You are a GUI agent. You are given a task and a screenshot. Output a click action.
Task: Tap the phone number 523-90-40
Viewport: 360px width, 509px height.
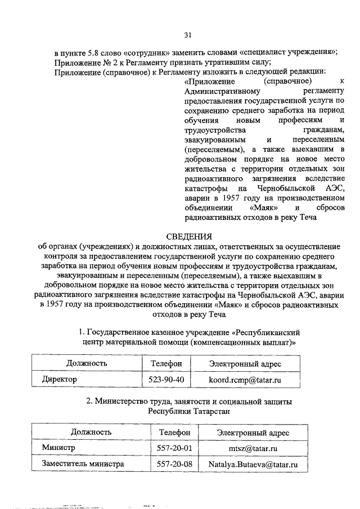[x=165, y=380]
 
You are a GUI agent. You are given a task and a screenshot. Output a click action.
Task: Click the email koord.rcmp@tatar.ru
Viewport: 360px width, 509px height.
[x=245, y=380]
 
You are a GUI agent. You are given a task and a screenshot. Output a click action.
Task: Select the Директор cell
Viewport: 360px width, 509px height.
[x=60, y=380]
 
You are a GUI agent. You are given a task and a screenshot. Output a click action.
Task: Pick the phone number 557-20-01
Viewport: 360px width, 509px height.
[x=175, y=448]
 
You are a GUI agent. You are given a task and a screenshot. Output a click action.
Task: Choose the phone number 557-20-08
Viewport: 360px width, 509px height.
[x=175, y=465]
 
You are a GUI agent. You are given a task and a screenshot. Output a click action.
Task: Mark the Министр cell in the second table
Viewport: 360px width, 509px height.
[x=58, y=448]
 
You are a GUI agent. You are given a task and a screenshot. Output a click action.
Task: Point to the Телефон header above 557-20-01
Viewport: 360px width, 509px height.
[x=175, y=432]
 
